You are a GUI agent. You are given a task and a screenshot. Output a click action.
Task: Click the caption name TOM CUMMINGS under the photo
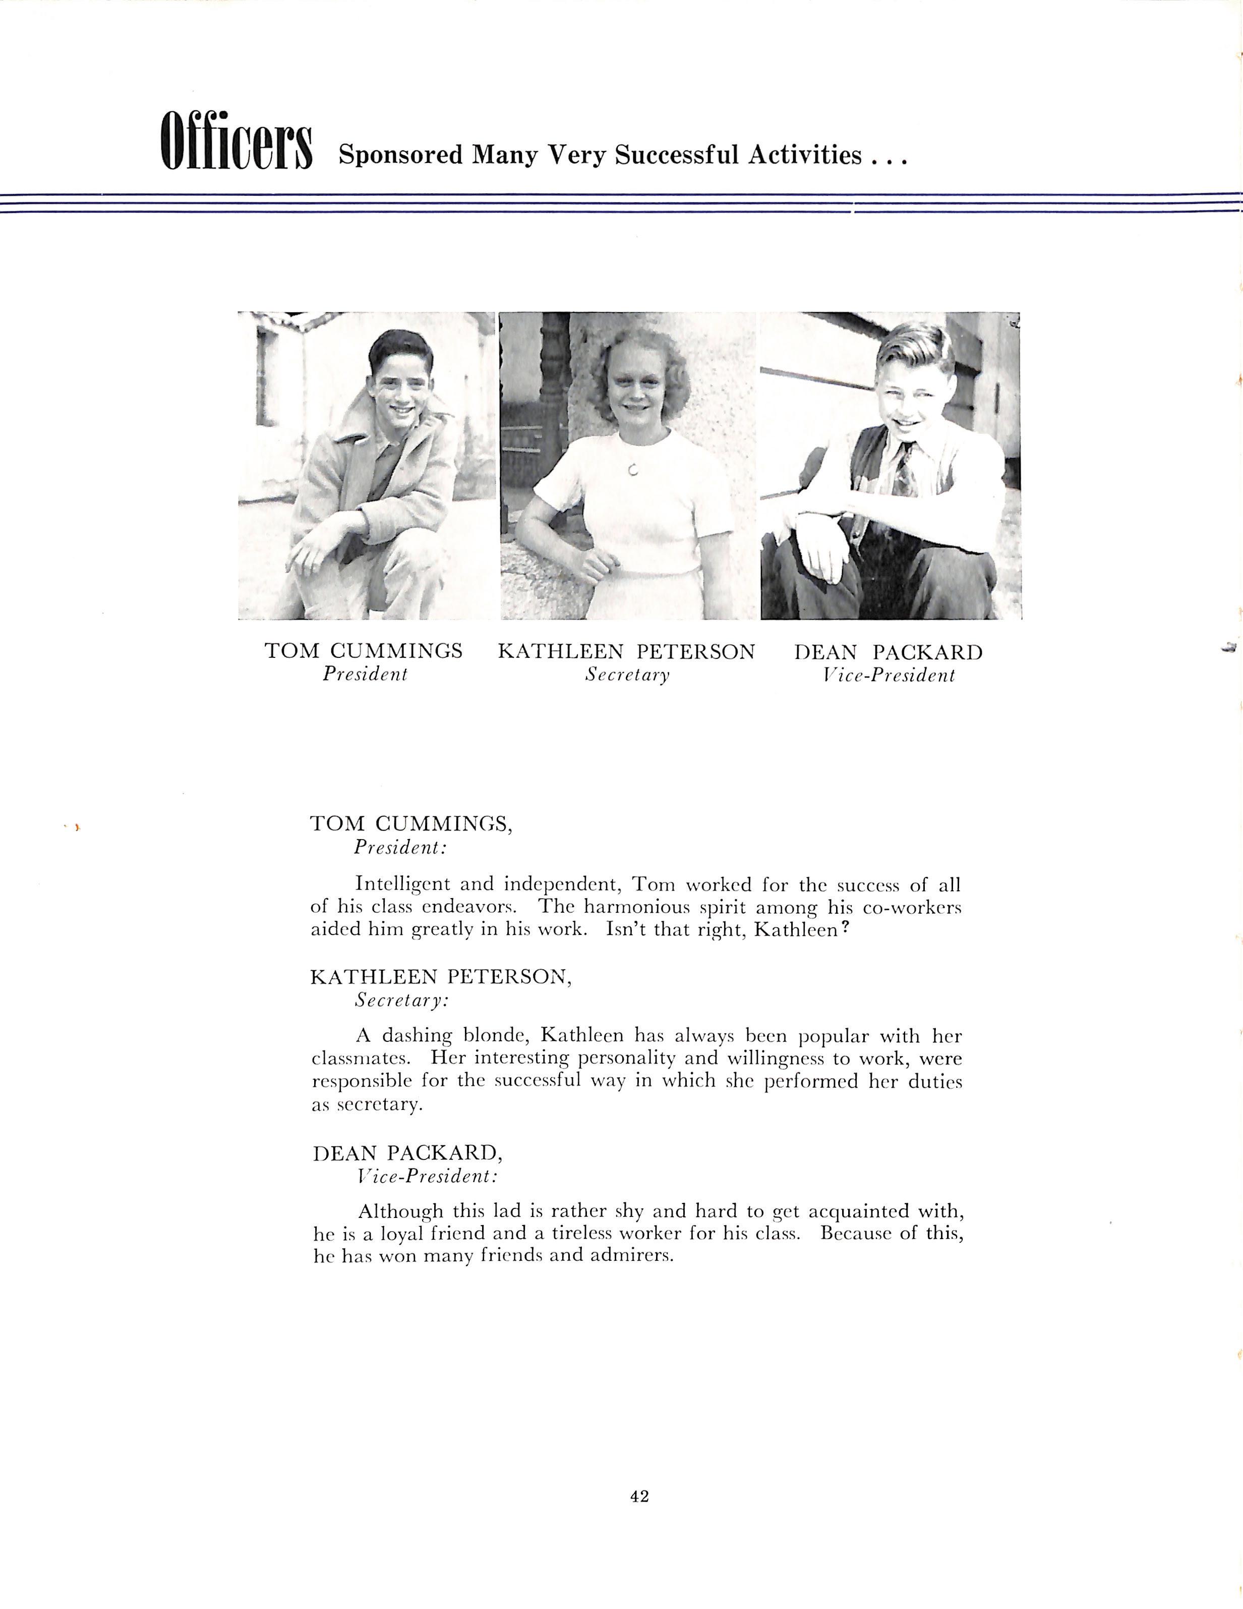(364, 651)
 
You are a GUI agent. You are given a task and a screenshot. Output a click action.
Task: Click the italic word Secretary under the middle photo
(627, 675)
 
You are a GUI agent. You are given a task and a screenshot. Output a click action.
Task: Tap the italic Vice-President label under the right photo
(889, 676)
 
